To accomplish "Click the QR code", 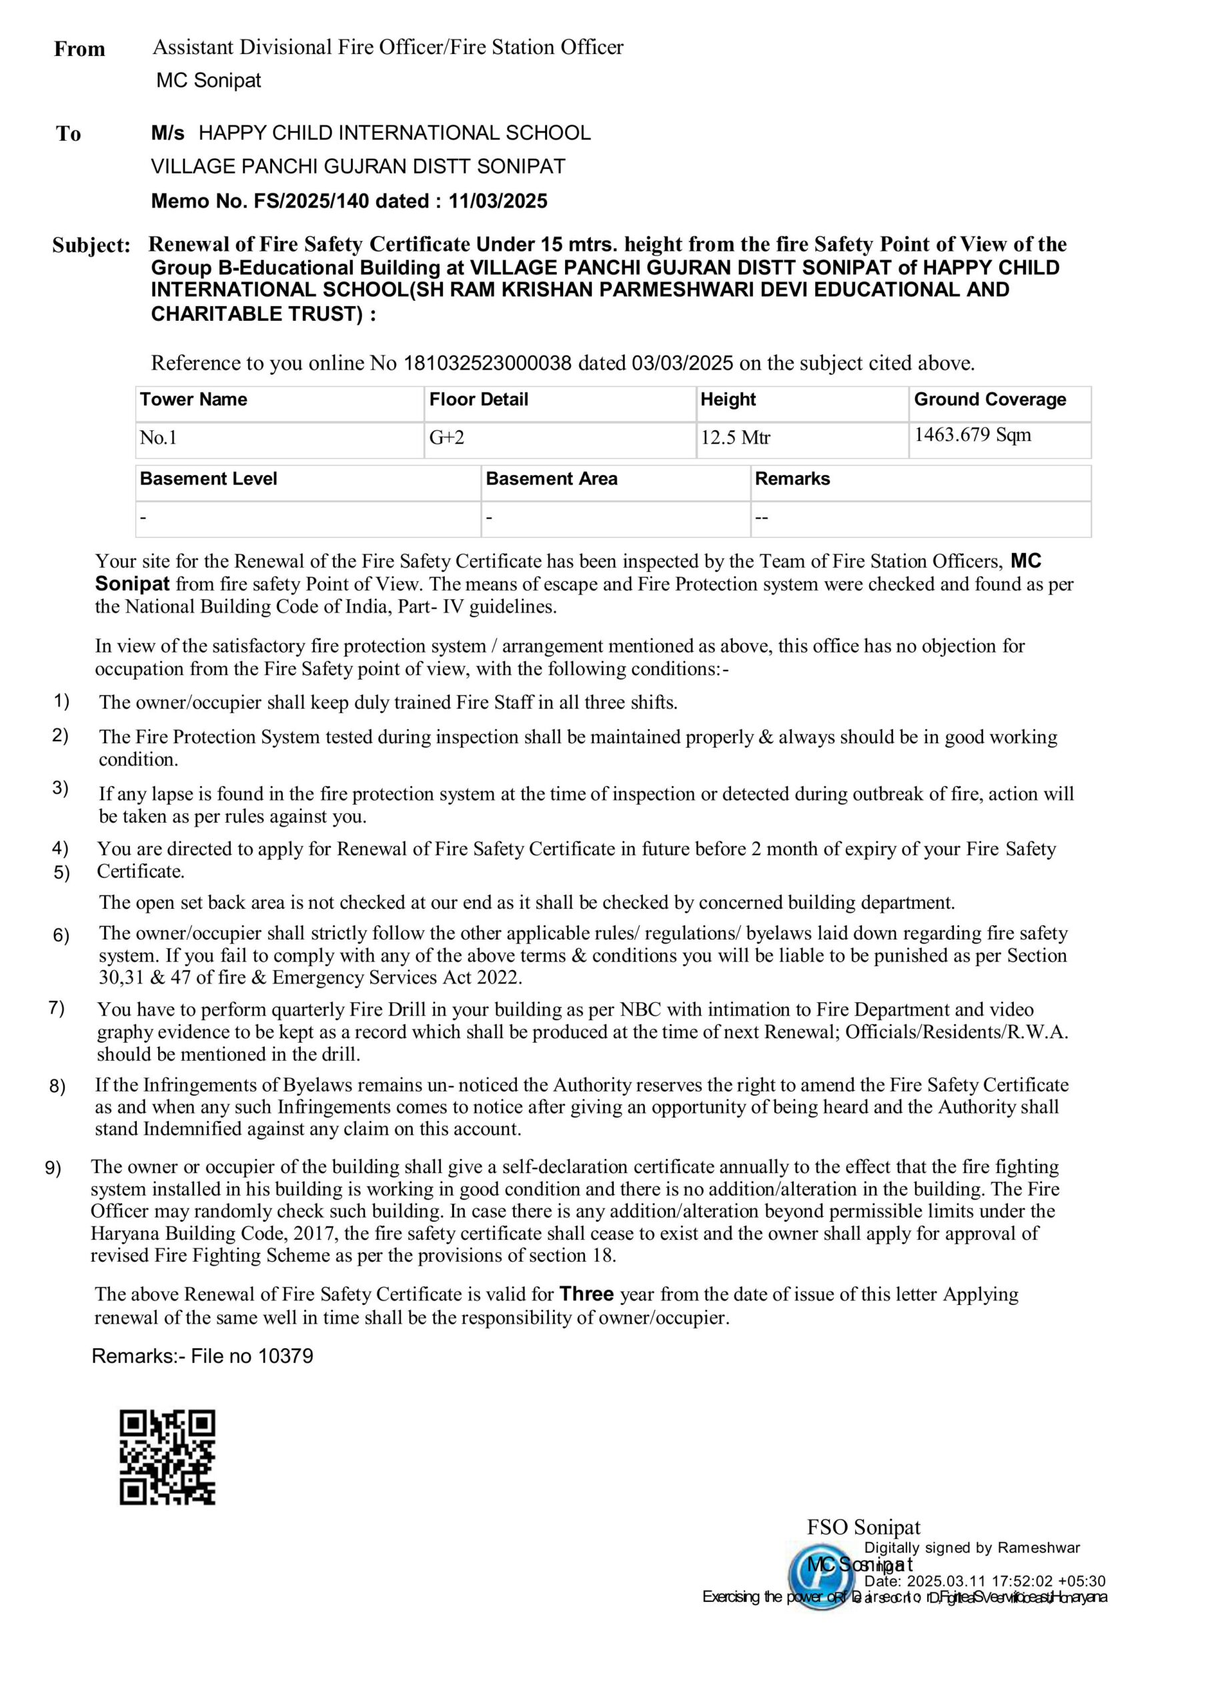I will tap(167, 1456).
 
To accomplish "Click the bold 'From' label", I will tap(79, 49).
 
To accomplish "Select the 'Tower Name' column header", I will tap(193, 400).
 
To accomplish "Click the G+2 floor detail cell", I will tap(446, 438).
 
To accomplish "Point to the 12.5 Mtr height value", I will tap(735, 438).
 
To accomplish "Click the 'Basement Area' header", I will tap(551, 478).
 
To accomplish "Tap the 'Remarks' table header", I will tap(792, 478).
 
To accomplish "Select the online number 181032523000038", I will tap(487, 363).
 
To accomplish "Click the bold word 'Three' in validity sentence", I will tap(587, 1294).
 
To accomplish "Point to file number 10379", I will tap(285, 1355).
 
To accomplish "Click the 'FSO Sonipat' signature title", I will tap(864, 1527).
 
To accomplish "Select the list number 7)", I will tap(57, 1008).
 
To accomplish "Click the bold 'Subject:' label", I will tap(91, 246).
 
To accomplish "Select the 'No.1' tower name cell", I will tap(159, 438).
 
